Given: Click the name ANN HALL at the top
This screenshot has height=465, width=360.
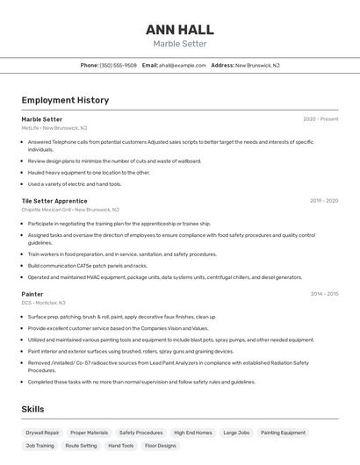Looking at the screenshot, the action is click(x=179, y=30).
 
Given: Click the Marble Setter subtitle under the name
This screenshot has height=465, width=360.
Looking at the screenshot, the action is click(x=179, y=44).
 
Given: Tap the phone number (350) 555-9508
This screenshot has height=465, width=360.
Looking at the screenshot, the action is click(x=118, y=65).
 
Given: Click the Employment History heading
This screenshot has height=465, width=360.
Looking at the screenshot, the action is click(x=65, y=100).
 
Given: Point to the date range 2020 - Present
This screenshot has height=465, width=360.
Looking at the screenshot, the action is click(x=320, y=119).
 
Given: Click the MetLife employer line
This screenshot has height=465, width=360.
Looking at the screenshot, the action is click(x=54, y=128).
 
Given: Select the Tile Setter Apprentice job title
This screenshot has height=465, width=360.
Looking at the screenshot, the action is click(x=54, y=201).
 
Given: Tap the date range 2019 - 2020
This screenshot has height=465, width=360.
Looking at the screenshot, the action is click(x=324, y=201).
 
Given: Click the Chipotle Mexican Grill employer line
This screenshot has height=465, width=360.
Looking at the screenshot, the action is click(x=70, y=210).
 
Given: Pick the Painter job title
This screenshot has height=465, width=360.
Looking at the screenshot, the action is click(x=32, y=294).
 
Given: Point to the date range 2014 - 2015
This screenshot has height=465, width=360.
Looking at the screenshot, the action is click(x=324, y=294).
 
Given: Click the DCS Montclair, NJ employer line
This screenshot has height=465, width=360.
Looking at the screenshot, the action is click(x=44, y=303).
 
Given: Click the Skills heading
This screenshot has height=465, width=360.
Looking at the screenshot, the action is click(x=32, y=409).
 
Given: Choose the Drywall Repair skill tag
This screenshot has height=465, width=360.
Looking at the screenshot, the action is click(x=42, y=433).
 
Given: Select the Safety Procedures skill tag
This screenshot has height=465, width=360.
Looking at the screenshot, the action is click(x=140, y=433).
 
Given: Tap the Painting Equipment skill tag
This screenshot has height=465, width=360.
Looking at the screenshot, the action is click(x=283, y=433).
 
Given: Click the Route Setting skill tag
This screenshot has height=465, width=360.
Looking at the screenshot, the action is click(x=82, y=446).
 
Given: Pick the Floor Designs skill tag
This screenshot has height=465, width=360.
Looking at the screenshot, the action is click(x=160, y=446).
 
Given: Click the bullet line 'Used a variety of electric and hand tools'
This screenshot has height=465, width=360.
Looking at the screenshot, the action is click(x=75, y=184).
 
